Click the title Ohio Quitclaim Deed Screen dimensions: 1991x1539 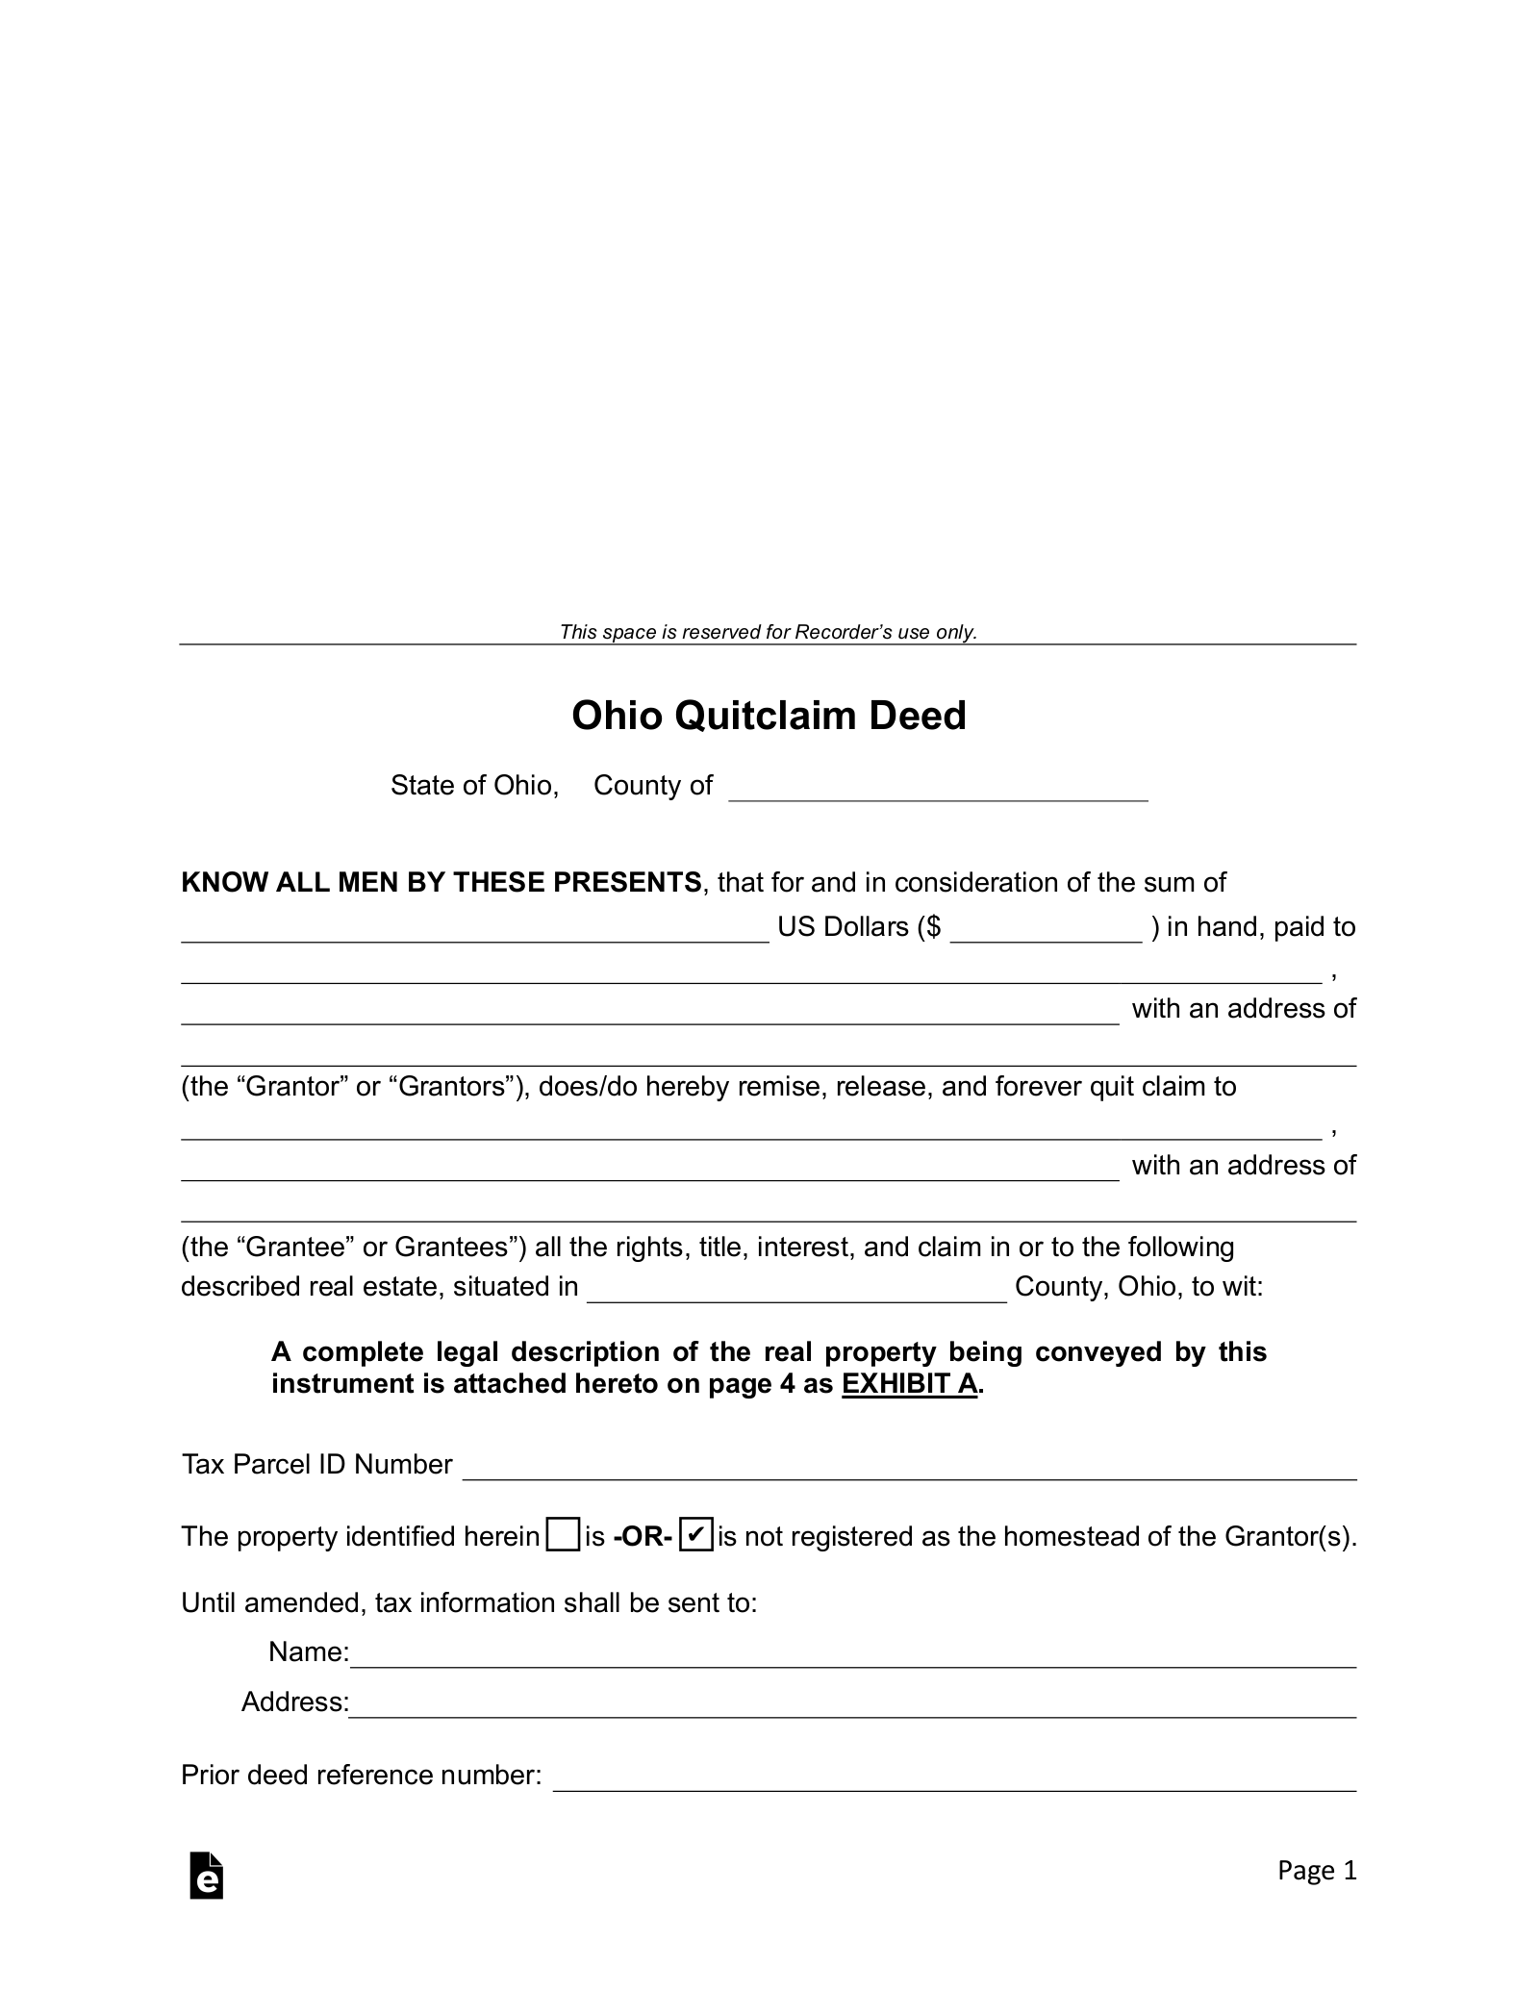[x=769, y=716]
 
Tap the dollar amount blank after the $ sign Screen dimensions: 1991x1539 [x=1046, y=931]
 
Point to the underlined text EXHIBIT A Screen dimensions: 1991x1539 [x=909, y=1384]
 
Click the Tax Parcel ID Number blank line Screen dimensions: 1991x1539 [x=909, y=1468]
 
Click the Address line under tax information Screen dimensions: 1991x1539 [x=852, y=1705]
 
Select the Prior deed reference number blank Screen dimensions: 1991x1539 [x=954, y=1779]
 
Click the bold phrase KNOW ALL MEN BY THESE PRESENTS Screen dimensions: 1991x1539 [x=442, y=882]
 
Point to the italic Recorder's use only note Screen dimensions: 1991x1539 [x=768, y=632]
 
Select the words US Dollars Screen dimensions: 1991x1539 [x=843, y=927]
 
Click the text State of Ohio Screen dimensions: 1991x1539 [x=474, y=786]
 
